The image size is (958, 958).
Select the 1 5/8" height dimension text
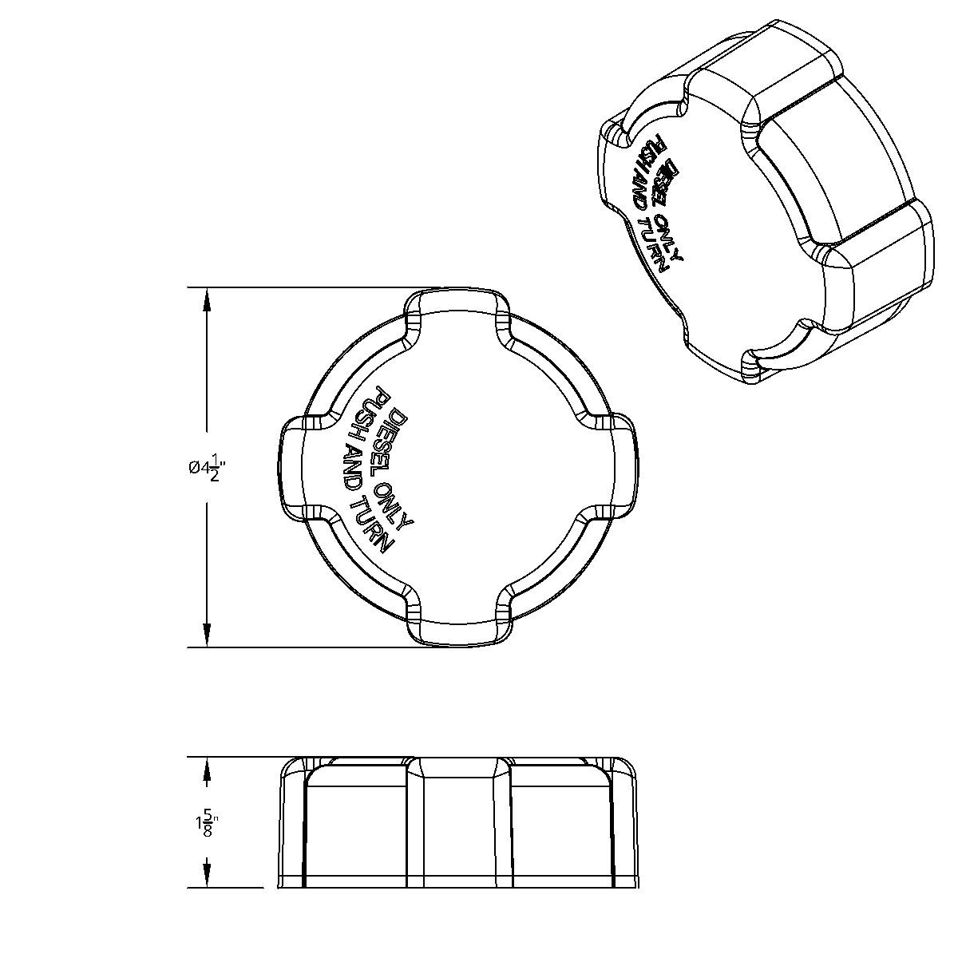click(207, 823)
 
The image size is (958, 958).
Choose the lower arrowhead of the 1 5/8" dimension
click(207, 873)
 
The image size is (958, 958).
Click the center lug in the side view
click(457, 822)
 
